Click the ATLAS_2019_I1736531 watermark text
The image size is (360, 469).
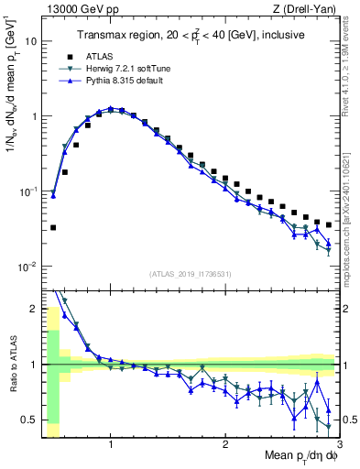point(190,274)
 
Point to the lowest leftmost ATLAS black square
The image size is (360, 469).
point(53,227)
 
